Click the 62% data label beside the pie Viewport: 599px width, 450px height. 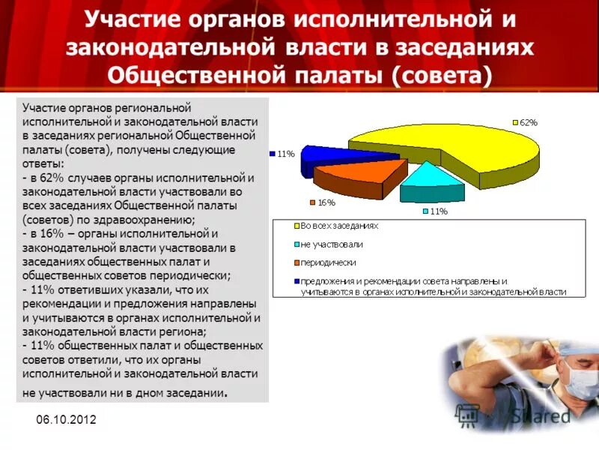coord(527,121)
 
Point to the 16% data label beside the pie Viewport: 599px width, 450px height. coord(326,202)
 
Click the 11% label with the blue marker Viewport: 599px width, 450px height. coord(285,154)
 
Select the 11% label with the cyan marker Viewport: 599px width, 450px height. coord(438,211)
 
